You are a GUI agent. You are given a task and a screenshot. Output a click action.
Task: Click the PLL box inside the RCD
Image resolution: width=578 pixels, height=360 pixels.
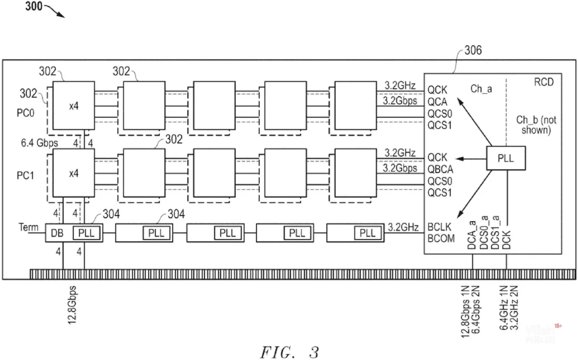[x=506, y=158]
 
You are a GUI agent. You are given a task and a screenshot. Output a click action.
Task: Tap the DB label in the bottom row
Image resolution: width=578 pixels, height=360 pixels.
[x=57, y=233]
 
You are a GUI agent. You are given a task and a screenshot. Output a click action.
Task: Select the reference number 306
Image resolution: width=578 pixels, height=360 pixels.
[x=473, y=50]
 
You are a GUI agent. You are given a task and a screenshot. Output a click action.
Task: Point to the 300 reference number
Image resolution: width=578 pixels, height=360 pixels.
[x=34, y=7]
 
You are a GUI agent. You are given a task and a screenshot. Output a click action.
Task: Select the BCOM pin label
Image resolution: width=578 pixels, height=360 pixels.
[x=441, y=238]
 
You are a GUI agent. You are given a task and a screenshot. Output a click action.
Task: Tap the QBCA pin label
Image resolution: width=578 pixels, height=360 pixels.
[x=441, y=169]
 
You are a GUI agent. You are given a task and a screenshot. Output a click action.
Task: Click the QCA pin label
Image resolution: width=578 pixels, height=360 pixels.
[x=437, y=102]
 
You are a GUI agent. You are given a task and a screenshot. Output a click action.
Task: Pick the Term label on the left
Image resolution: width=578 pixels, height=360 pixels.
[x=28, y=227]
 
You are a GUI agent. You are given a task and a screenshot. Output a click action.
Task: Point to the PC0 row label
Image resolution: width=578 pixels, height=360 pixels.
[x=26, y=112]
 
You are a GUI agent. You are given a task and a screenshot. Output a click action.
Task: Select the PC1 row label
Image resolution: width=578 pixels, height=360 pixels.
[x=26, y=175]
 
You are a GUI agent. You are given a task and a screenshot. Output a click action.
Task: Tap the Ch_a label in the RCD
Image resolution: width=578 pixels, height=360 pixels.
[x=481, y=89]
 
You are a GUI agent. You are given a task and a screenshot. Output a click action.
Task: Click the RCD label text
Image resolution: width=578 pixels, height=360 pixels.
[x=543, y=82]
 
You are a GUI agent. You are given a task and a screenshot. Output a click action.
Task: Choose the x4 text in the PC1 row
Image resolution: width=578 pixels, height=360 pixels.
[x=74, y=173]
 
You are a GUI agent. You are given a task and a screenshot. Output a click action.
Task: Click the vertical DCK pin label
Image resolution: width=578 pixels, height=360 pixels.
[x=506, y=238]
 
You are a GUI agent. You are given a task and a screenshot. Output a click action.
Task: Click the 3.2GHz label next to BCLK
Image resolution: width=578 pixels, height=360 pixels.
[x=403, y=227]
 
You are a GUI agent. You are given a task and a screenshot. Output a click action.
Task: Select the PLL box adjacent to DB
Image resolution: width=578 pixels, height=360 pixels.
[x=87, y=233]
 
